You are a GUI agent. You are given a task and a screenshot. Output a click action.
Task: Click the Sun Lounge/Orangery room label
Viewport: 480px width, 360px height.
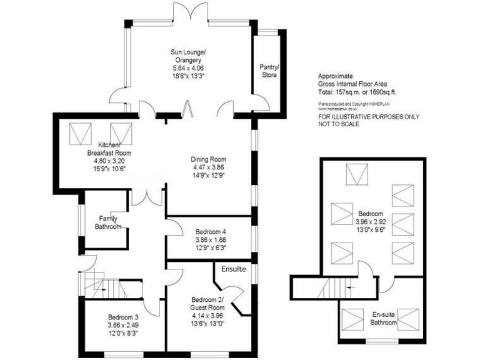click(189, 56)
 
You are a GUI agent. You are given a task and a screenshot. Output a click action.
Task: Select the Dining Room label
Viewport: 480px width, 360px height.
click(208, 159)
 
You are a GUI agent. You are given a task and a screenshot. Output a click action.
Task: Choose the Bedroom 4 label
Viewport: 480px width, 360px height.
click(207, 232)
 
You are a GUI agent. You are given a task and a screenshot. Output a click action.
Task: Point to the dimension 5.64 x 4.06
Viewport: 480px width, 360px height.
click(189, 67)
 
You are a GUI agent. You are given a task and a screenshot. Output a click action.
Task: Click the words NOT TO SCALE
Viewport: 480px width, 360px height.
click(339, 124)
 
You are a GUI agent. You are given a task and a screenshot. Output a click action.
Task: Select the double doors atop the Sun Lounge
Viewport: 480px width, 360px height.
click(189, 12)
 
